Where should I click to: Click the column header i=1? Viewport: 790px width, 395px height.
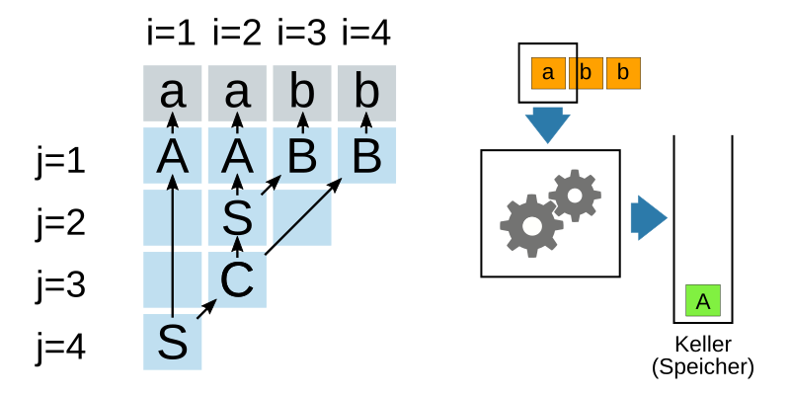173,35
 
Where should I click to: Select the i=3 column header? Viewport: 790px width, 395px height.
301,35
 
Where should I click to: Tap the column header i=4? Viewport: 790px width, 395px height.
366,35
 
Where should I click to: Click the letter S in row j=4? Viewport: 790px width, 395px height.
173,343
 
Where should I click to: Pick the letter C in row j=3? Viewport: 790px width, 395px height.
237,280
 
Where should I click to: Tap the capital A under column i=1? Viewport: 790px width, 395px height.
173,157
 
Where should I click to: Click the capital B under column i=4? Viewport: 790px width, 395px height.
366,157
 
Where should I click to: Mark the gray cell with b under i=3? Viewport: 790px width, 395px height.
301,94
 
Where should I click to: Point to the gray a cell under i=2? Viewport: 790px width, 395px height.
237,94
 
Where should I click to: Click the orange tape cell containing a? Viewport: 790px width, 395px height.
548,73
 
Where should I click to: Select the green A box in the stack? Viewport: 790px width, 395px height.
703,301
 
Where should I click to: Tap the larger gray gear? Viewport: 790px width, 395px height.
531,225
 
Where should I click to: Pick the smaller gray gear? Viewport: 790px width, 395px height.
575,195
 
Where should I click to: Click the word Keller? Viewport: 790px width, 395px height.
703,346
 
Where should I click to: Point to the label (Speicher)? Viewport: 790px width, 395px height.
703,367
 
